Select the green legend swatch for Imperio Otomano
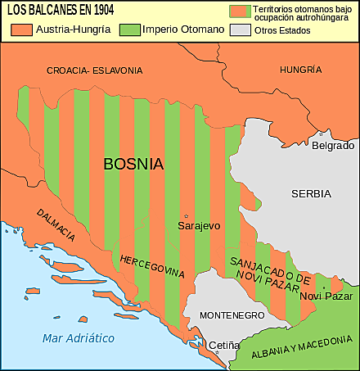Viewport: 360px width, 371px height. click(x=130, y=30)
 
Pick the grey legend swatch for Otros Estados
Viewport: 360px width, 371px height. click(x=240, y=30)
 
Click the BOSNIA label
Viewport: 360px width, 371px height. click(x=133, y=164)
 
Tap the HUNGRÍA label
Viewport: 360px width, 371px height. click(x=301, y=70)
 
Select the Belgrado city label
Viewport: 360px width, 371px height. click(x=332, y=145)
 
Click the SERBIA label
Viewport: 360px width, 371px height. click(x=311, y=194)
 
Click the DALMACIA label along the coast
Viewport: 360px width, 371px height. click(x=56, y=225)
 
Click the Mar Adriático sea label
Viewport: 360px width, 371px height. click(x=79, y=337)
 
